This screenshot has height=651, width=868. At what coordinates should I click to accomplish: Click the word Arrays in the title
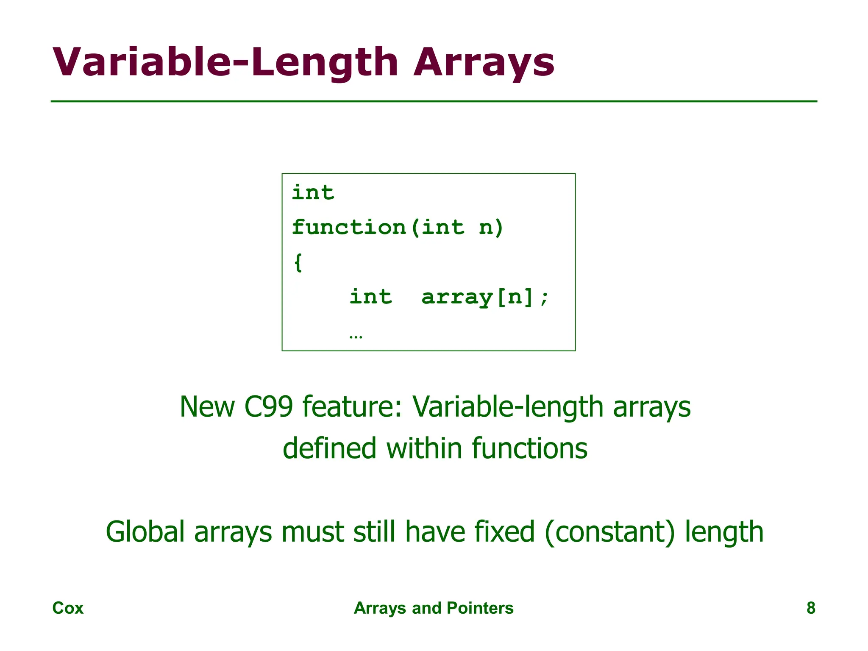484,63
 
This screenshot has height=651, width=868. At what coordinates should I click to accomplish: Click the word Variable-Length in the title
225,63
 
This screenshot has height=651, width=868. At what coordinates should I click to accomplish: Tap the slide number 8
810,608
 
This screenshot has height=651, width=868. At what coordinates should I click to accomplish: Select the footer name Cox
68,608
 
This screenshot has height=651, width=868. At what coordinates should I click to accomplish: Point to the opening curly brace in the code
298,262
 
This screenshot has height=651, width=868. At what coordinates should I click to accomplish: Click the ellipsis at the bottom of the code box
356,337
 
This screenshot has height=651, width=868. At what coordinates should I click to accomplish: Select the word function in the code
349,228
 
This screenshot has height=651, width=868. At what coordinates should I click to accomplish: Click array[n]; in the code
485,297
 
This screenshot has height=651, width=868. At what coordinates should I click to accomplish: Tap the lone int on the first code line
313,193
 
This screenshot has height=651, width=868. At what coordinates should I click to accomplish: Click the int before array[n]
370,297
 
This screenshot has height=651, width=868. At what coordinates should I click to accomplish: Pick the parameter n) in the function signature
491,228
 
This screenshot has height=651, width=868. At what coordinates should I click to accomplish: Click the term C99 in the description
268,407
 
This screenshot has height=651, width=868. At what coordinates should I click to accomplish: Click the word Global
145,532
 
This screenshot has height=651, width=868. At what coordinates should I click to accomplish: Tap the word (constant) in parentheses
609,532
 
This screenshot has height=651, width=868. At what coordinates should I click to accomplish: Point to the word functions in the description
529,448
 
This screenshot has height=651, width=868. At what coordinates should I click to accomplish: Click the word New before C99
207,407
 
